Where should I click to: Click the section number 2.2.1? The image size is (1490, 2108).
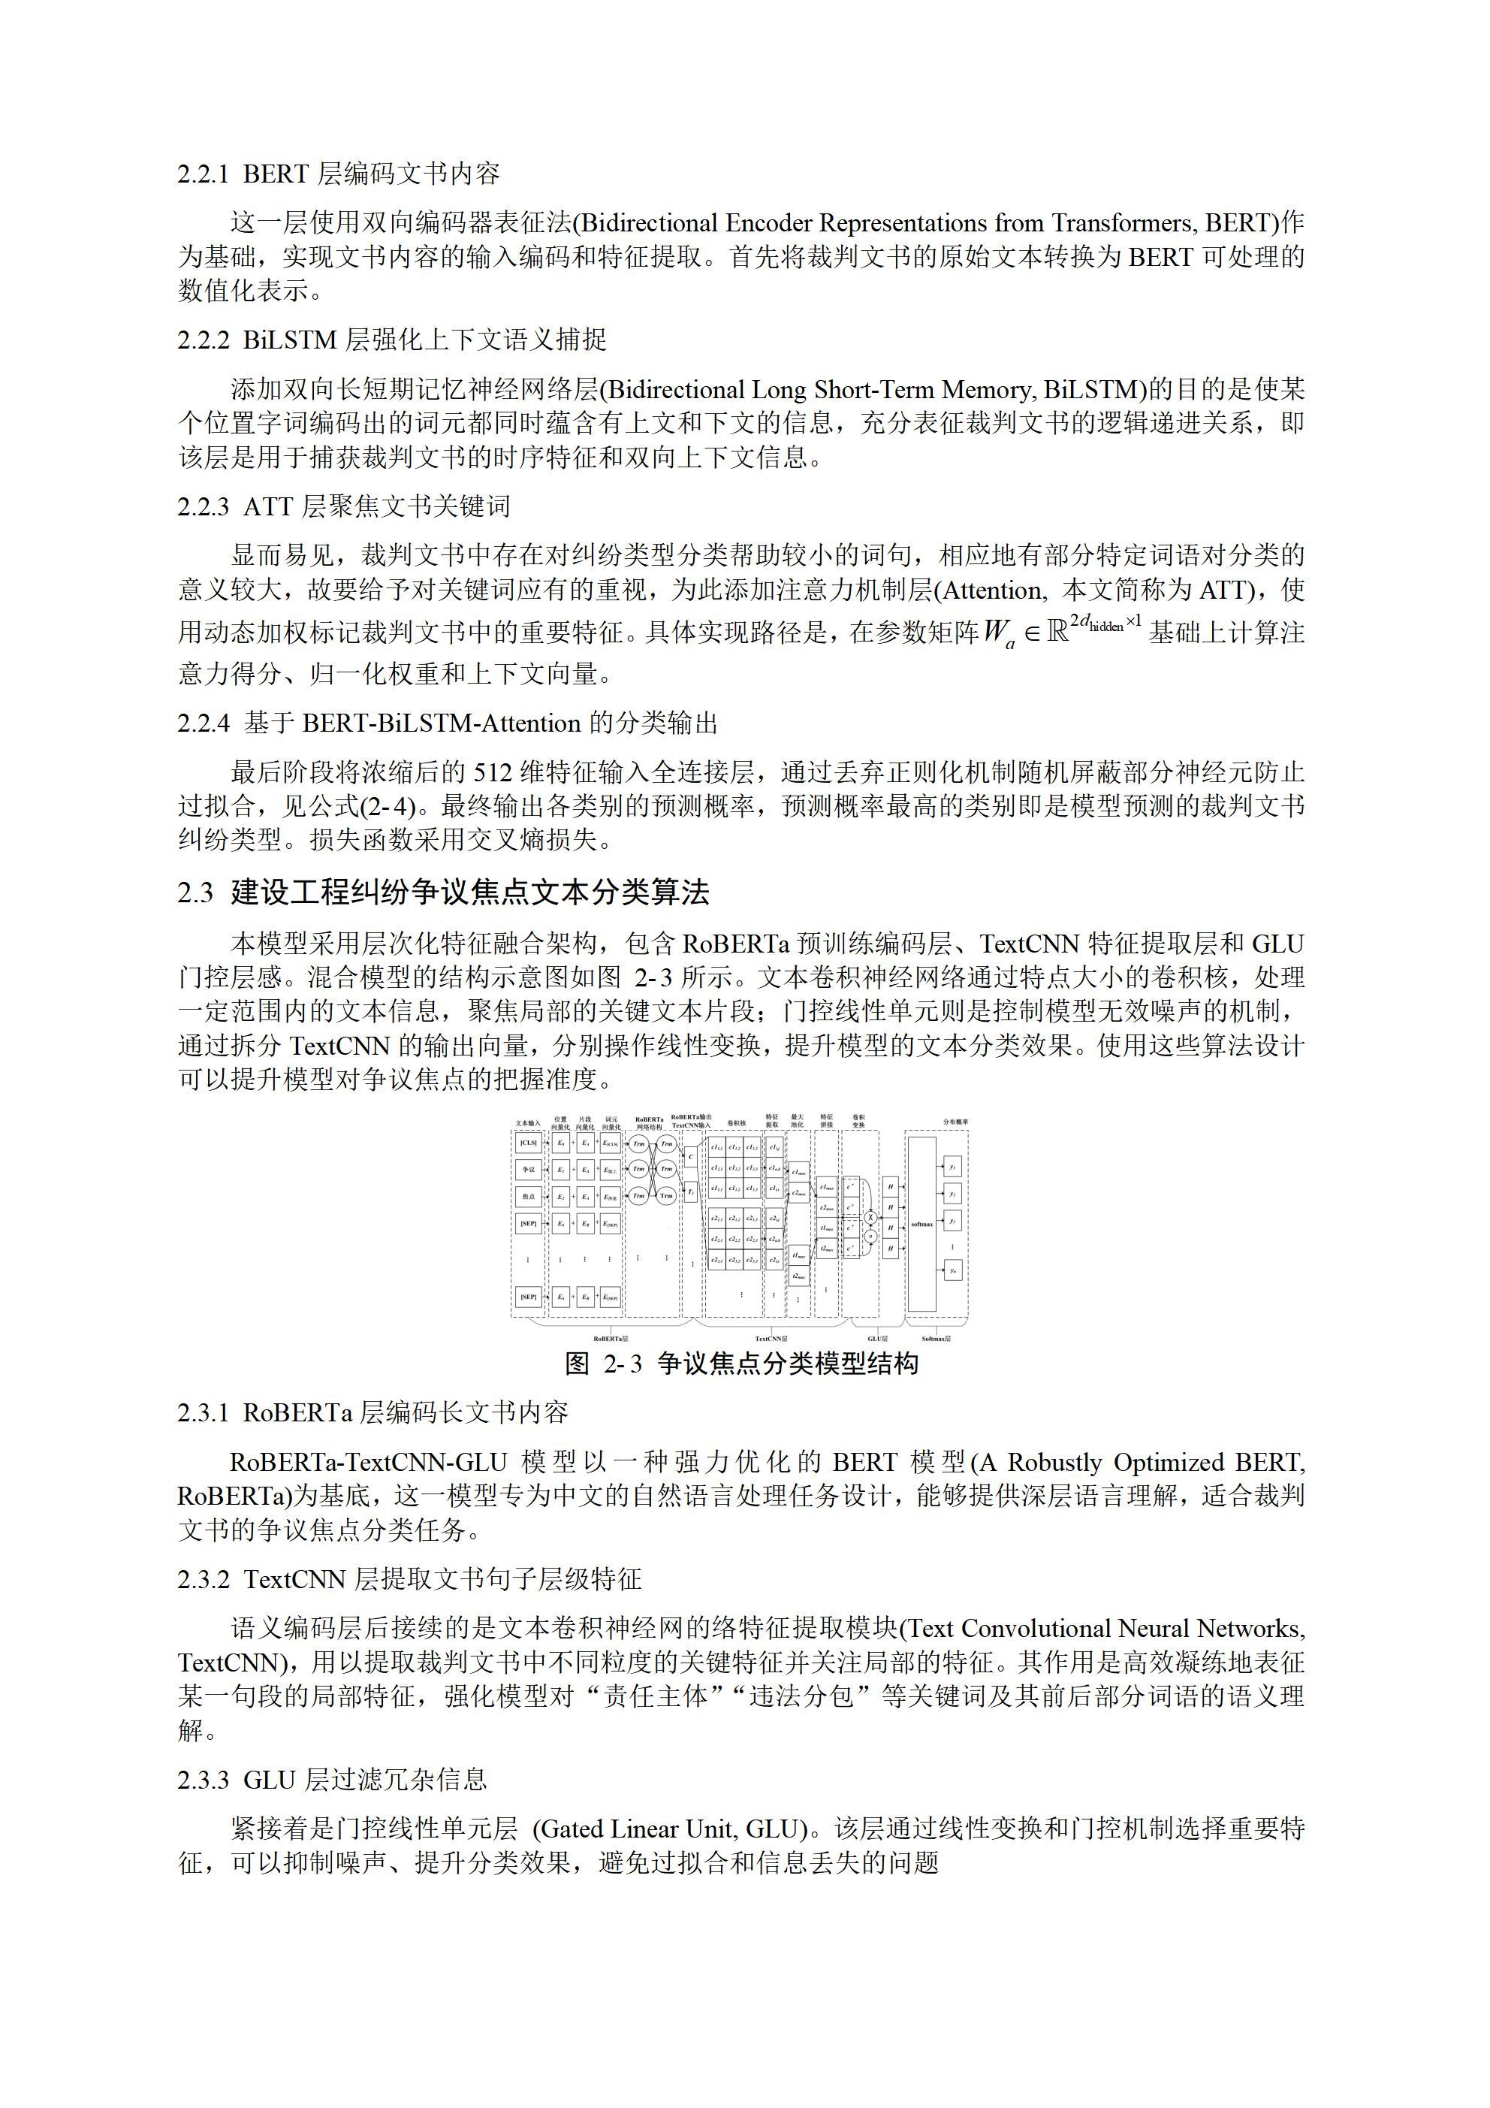[x=203, y=174]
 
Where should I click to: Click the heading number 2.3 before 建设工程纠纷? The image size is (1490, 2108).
[x=195, y=893]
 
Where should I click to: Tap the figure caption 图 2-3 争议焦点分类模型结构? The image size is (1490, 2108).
[x=742, y=1364]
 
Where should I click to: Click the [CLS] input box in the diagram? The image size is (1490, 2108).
[x=528, y=1144]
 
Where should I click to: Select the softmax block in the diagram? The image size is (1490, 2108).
[x=921, y=1224]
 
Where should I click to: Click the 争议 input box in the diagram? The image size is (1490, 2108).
[x=528, y=1170]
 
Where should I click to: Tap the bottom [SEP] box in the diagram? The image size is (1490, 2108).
[x=528, y=1297]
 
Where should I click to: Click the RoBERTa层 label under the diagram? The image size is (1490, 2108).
[x=611, y=1339]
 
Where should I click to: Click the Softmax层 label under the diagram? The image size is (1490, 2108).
[x=937, y=1339]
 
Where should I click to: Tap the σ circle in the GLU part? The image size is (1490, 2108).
[x=871, y=1236]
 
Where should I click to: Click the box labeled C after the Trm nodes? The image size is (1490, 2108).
[x=691, y=1158]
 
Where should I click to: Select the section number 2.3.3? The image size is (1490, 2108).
[x=203, y=1780]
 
